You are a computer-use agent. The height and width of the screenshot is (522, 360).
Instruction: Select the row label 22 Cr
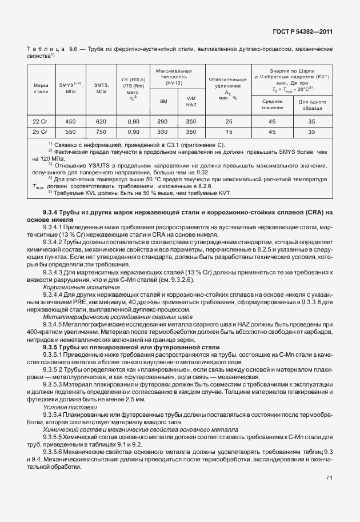tap(40, 122)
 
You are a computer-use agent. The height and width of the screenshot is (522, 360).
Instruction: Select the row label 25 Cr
tap(40, 132)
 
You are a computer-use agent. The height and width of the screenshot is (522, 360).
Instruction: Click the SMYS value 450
tap(70, 122)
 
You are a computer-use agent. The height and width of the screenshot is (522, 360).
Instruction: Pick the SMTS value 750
tap(101, 132)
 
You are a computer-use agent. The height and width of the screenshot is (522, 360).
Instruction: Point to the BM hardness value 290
tap(162, 122)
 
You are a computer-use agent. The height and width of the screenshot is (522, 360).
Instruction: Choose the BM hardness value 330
tap(162, 132)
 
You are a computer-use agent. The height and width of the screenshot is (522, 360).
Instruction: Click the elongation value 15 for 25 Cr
tap(229, 132)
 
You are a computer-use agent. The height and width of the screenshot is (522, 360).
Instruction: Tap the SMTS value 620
tap(101, 122)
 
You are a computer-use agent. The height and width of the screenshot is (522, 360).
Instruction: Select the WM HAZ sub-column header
tap(191, 101)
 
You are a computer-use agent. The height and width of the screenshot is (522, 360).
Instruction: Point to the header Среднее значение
tap(273, 104)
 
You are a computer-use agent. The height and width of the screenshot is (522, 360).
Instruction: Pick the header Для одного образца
tap(313, 104)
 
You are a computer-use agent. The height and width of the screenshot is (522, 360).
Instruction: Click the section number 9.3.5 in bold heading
tap(53, 347)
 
